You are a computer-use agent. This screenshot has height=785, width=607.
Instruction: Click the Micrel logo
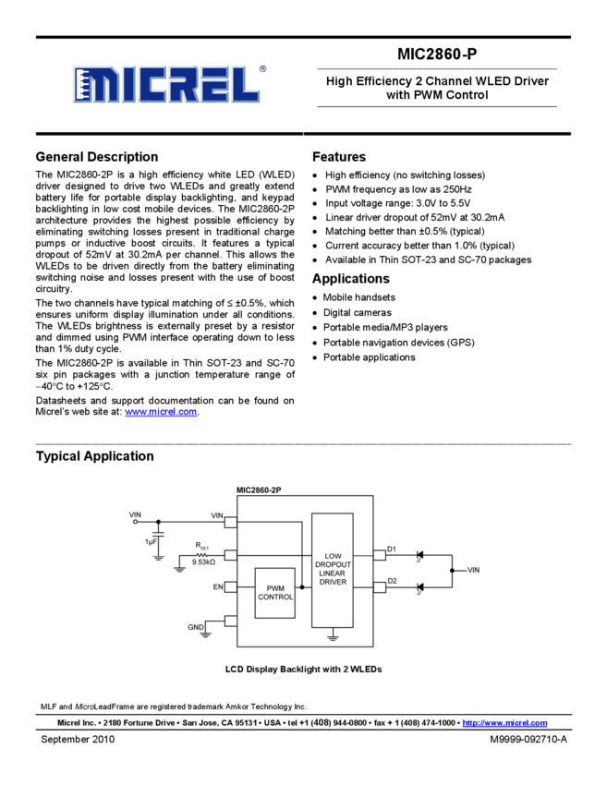166,84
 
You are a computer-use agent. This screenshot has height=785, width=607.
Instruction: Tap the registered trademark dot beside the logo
263,68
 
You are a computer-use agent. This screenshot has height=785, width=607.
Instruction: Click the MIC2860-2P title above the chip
259,489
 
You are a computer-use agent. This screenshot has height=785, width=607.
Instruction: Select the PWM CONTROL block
275,592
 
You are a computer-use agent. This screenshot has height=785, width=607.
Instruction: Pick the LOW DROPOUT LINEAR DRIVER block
333,569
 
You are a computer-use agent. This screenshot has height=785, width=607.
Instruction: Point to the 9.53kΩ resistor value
203,562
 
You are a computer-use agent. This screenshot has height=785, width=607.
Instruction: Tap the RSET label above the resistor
202,546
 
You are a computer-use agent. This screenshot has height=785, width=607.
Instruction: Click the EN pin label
218,586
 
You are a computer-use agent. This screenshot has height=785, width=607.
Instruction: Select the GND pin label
196,627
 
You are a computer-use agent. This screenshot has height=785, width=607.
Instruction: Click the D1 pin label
392,549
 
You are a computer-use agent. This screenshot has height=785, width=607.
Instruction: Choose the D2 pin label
392,581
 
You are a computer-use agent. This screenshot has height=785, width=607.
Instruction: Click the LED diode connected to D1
420,555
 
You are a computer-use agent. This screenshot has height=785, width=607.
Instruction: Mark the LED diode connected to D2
420,586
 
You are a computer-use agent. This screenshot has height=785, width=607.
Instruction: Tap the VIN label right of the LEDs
473,571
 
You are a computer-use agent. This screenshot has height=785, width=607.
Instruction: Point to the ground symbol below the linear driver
333,636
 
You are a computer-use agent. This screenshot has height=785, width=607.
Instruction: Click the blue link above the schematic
161,412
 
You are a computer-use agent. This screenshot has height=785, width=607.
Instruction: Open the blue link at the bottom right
504,723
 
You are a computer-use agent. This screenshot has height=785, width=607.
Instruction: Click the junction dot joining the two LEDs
452,571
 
